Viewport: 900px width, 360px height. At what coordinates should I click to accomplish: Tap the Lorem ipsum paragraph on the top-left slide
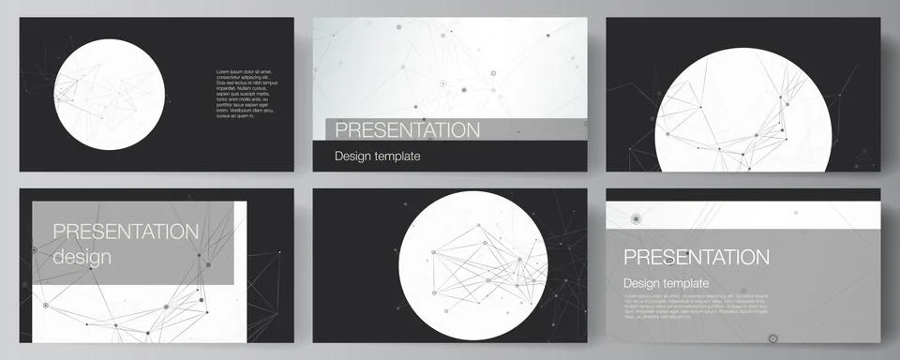coord(246,94)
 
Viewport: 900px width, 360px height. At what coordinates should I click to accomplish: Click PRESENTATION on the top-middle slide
coord(407,129)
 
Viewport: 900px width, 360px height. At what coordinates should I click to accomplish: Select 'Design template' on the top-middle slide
coord(377,157)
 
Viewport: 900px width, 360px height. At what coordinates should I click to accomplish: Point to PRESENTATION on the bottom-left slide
coord(126,232)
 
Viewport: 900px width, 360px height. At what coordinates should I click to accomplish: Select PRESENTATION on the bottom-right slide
coord(696,257)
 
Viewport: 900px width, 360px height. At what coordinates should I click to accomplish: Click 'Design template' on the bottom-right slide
coord(667,283)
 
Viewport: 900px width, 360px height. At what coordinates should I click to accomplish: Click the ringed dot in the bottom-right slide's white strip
coord(637,219)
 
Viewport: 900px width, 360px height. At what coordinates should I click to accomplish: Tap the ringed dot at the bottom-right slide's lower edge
coord(773,338)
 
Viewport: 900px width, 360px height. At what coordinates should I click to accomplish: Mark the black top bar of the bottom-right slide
coord(742,194)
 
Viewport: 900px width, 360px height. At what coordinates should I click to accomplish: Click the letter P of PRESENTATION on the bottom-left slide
coord(59,232)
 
